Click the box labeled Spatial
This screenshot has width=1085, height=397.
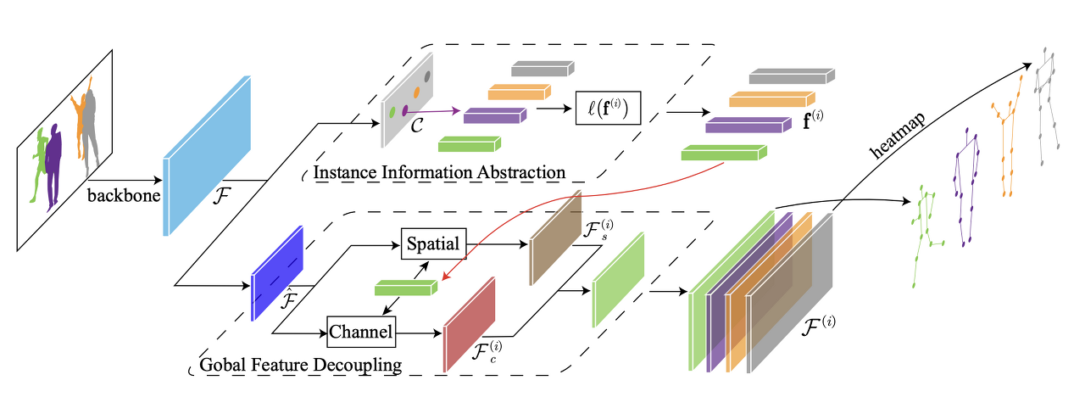[x=433, y=243]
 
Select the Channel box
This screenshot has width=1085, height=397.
[x=361, y=332]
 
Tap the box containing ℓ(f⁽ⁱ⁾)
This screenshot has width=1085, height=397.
[x=608, y=108]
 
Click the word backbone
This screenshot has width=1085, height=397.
[x=124, y=195]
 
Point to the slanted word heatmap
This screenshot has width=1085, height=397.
[x=898, y=135]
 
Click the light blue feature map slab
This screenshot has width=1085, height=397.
[x=207, y=155]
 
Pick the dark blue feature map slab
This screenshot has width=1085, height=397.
[x=277, y=273]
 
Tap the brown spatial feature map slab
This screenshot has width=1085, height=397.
[x=555, y=238]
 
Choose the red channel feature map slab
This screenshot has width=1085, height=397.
[x=470, y=324]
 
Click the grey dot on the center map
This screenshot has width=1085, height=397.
[x=427, y=76]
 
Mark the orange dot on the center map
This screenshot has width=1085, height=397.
[x=416, y=92]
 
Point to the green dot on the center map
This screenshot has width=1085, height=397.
[x=392, y=112]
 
